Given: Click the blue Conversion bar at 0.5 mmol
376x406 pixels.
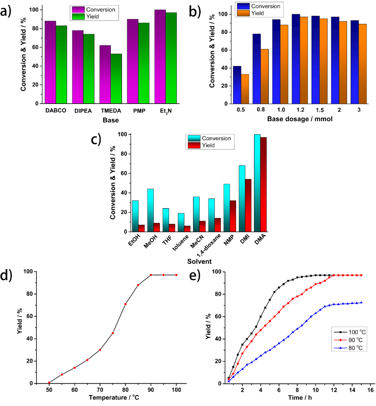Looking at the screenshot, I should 237,85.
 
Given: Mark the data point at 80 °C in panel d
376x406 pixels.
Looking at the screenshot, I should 125,304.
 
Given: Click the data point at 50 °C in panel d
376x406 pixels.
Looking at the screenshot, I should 49,383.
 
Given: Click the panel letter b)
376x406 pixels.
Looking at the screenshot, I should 196,11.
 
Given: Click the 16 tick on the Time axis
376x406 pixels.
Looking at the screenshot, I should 370,390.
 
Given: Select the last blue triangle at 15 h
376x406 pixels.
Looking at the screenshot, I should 361,302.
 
